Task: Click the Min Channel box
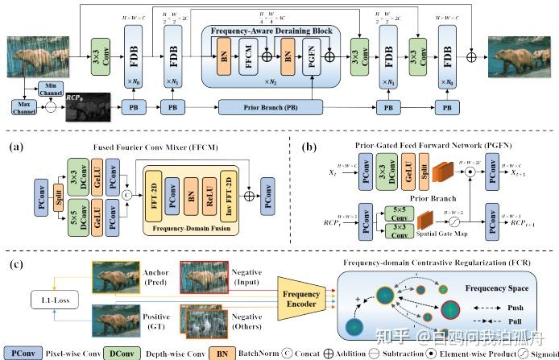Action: pos(52,89)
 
